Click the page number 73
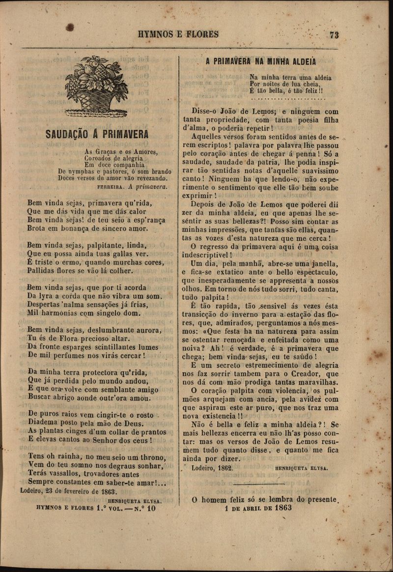[335, 34]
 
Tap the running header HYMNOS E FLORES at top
[178, 34]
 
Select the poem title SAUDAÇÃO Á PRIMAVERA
[97, 134]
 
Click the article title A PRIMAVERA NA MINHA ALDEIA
[260, 61]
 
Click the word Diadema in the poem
[46, 423]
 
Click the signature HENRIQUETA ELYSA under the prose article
[301, 468]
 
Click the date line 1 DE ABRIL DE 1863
[258, 508]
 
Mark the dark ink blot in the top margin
[70, 28]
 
